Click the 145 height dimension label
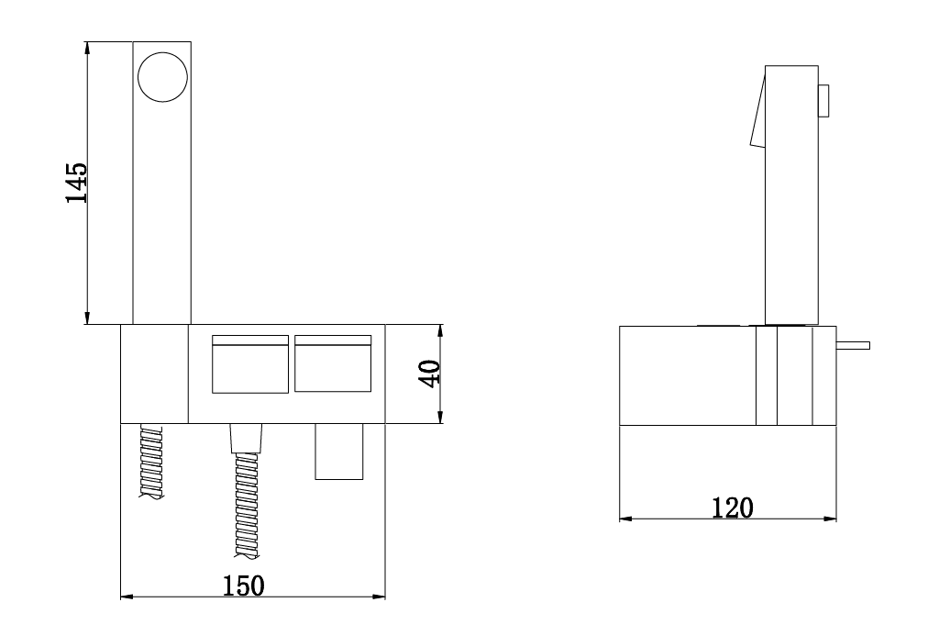77,183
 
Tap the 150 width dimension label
243,586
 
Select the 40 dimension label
431,374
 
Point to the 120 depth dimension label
732,508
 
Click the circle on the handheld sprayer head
162,77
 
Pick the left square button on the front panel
250,364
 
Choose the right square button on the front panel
333,363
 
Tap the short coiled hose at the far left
151,462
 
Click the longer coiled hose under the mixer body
247,505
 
